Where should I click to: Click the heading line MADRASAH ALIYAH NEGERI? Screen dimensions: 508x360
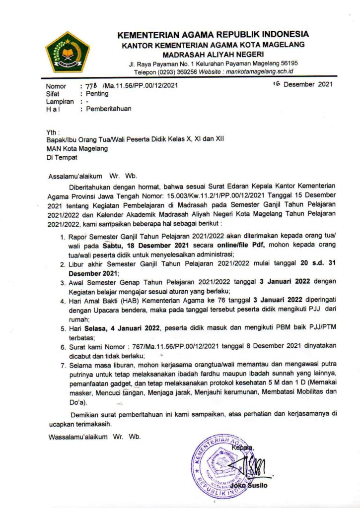click(x=214, y=54)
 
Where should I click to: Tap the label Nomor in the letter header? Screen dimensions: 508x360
click(x=56, y=86)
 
